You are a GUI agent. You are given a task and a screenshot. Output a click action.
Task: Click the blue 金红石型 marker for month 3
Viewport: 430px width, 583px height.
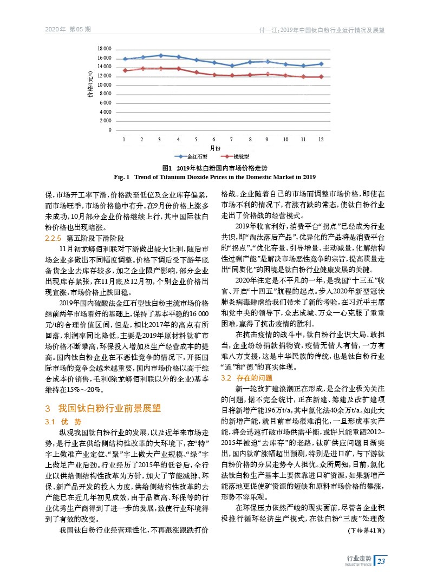160,55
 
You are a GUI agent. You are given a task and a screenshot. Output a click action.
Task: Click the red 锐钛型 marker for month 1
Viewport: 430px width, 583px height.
125,70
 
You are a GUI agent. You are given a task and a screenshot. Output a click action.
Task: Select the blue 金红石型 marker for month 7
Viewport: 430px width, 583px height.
232,65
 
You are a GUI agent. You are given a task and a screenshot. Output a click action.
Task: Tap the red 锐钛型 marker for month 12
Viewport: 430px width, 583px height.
321,76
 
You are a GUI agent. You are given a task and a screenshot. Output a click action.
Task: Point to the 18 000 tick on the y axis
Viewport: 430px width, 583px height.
104,49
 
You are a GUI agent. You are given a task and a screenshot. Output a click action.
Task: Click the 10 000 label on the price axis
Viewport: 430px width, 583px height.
104,85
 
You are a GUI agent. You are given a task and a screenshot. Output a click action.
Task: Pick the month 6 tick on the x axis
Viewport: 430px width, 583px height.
214,140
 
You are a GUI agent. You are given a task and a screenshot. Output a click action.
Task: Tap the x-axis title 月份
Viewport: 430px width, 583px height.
215,147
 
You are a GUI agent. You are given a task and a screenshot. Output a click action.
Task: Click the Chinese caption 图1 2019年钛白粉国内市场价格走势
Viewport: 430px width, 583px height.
215,168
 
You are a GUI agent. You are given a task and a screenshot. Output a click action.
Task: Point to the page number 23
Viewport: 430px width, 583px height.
381,560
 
